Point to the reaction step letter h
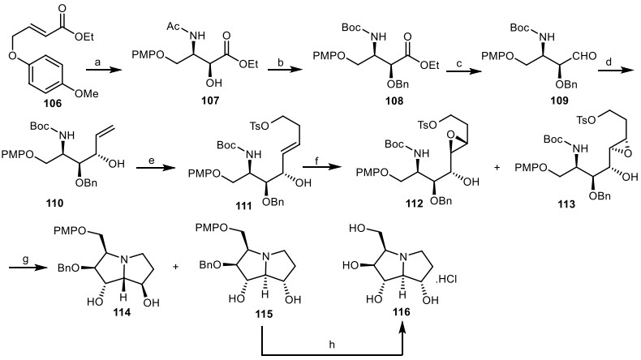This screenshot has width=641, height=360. pos(331,340)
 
